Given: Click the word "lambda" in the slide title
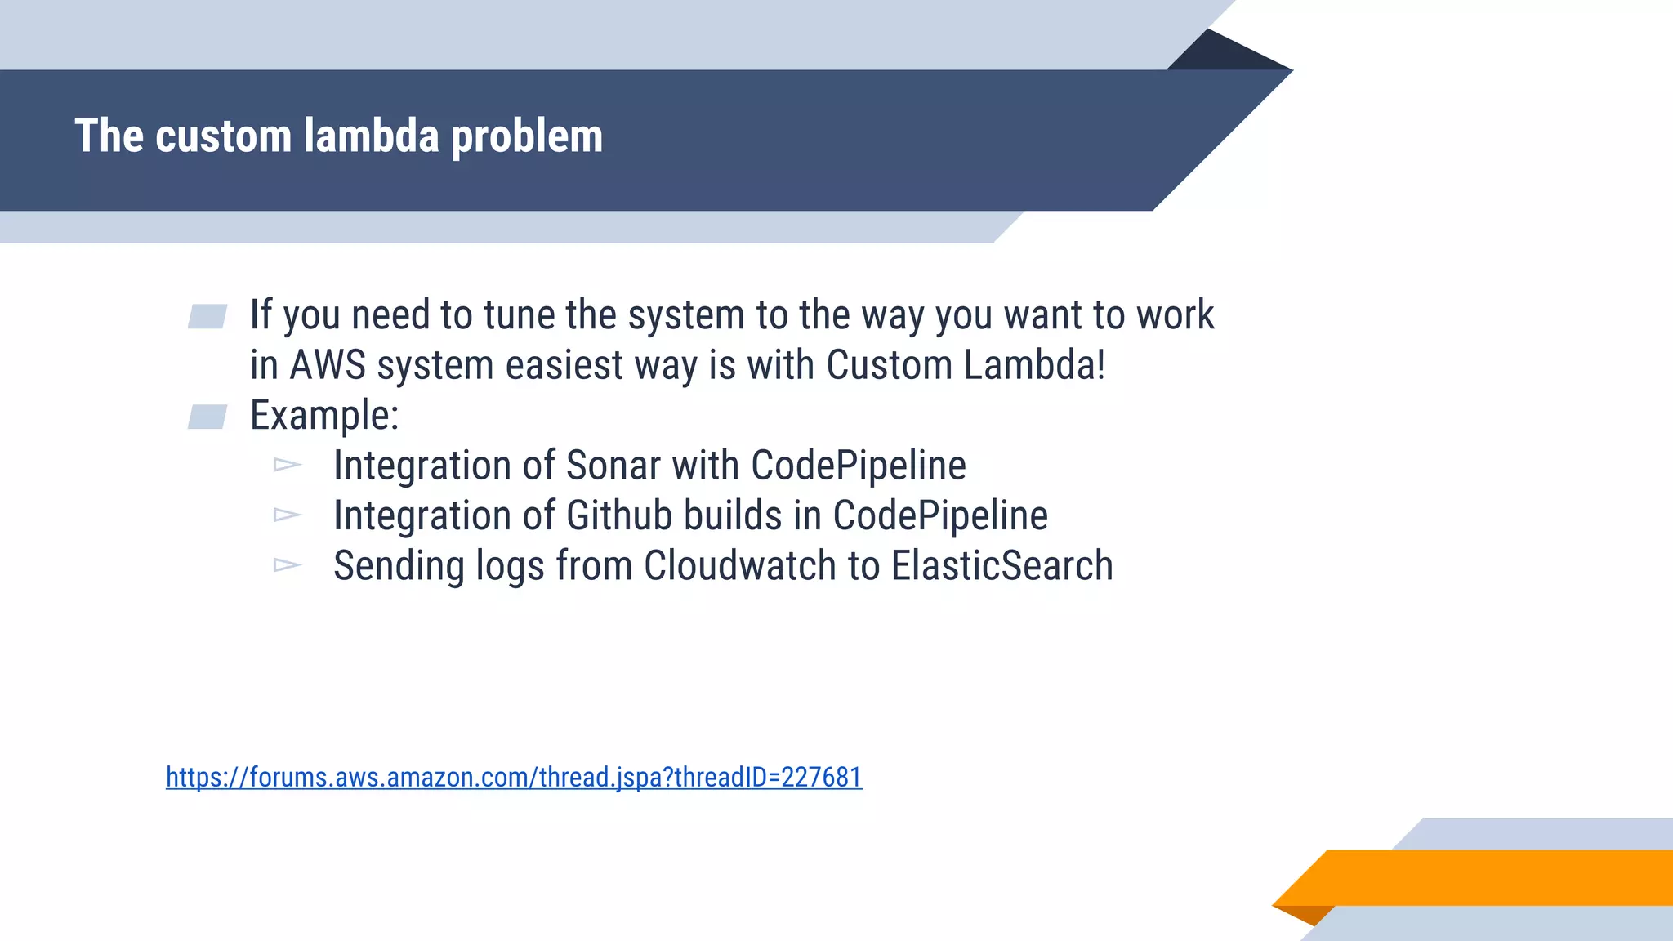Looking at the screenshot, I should [371, 136].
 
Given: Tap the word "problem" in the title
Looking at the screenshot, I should [527, 137].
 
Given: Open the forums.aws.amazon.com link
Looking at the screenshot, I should [514, 777].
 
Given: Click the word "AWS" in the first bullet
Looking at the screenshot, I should [328, 365].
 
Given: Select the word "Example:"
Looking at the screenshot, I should [324, 416].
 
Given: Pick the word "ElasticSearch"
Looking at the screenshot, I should [1002, 566].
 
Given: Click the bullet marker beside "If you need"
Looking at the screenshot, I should [207, 317].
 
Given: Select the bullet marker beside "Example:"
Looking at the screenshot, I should [207, 417].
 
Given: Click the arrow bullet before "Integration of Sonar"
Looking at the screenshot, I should [288, 466].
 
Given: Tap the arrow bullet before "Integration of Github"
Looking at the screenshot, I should [288, 515].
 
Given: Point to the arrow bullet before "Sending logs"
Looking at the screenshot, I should [288, 565].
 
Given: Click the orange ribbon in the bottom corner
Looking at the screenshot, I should [1487, 877].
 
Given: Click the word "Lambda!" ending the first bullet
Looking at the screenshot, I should [1034, 365].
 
